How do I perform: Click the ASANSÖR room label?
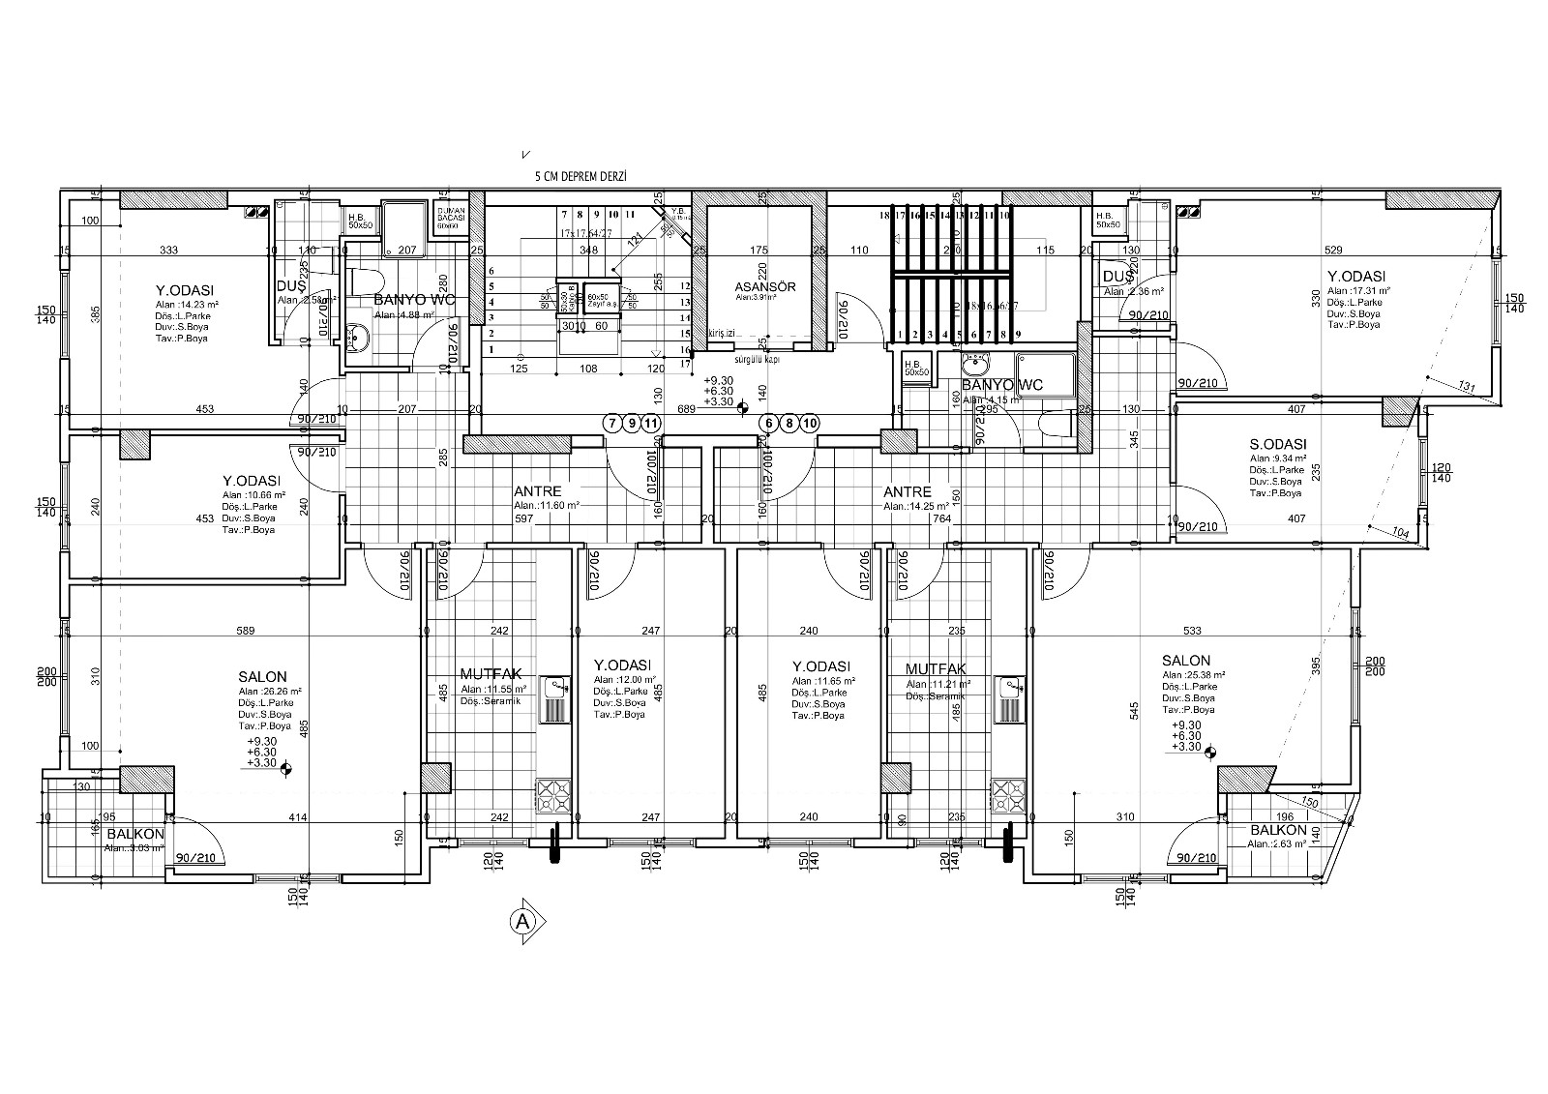tap(764, 287)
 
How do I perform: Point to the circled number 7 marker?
tap(611, 423)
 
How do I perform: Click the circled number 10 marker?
tap(810, 423)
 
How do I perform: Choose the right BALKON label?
tap(1278, 831)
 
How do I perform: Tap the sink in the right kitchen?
tap(1008, 688)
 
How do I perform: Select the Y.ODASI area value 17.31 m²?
tap(1358, 290)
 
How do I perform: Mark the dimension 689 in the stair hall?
tap(687, 409)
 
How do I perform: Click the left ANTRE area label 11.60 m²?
tap(547, 505)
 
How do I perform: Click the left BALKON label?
tap(135, 833)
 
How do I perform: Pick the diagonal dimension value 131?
tap(1466, 388)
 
